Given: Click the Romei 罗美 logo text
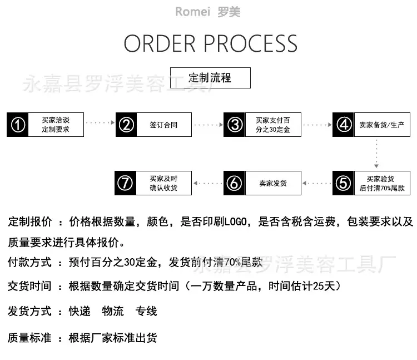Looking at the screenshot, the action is (x=208, y=12).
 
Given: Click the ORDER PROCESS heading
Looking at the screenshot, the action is (x=210, y=43).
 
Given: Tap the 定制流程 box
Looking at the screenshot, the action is (x=210, y=78).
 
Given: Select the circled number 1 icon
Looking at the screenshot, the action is (x=18, y=125).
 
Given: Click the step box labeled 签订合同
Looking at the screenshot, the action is (x=164, y=125).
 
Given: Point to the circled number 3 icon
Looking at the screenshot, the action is (x=234, y=125).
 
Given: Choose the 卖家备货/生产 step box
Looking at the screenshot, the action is (x=382, y=125).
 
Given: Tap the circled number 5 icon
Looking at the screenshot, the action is (x=344, y=183).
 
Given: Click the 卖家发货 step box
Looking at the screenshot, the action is (x=273, y=183).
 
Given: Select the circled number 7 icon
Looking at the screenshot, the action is (x=125, y=183).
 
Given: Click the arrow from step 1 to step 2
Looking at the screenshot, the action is (x=100, y=122).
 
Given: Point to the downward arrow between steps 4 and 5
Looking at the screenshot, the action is (x=376, y=154).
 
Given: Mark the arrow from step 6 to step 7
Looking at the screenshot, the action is (x=208, y=183).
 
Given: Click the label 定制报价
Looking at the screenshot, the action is (x=30, y=221).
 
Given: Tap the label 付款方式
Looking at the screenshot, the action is (x=29, y=263).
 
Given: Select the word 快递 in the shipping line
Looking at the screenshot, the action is (x=80, y=311).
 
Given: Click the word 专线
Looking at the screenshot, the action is (x=146, y=311).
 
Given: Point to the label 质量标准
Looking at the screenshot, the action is (x=29, y=338).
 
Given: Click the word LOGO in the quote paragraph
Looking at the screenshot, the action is (x=236, y=221).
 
